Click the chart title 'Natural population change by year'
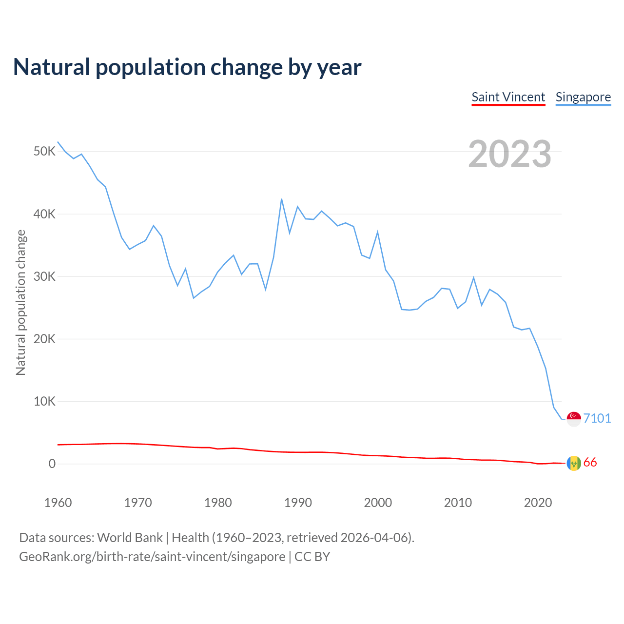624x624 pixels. (187, 67)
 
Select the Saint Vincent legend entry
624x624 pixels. (508, 97)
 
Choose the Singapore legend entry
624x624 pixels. (583, 97)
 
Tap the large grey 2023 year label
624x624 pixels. (509, 154)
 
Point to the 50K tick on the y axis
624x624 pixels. (44, 152)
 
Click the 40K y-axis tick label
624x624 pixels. (44, 214)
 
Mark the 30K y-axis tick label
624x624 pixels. (44, 276)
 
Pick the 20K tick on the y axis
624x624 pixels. (44, 339)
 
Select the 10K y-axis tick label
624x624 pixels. (44, 401)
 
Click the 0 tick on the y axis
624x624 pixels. (52, 464)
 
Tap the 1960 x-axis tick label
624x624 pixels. (58, 503)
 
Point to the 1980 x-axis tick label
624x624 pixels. (218, 503)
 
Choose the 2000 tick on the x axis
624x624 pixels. (378, 503)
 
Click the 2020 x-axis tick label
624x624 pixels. (538, 503)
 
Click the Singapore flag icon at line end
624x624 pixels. (574, 419)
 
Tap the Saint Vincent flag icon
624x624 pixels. (574, 463)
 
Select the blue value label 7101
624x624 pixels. (597, 418)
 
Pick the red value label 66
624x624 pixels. (590, 463)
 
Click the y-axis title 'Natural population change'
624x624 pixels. (20, 302)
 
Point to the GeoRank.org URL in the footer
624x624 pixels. (152, 557)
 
